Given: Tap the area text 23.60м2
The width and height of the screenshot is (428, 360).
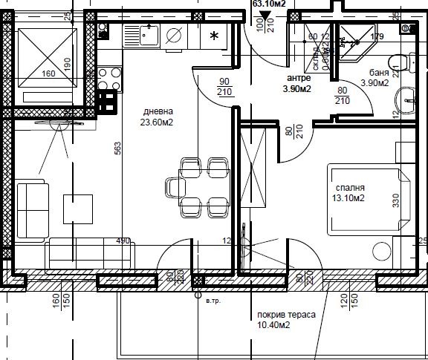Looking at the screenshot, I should [x=157, y=124].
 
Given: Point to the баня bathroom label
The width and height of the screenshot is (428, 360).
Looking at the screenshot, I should [x=380, y=72].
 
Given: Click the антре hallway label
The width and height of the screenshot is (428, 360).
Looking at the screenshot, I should [x=301, y=77].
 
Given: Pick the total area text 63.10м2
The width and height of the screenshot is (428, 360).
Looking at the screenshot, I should [x=270, y=4].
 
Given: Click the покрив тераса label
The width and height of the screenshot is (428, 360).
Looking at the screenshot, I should [x=286, y=315].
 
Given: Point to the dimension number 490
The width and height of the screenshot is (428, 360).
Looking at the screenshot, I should [x=122, y=240].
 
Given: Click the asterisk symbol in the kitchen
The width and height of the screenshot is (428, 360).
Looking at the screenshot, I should [x=214, y=36].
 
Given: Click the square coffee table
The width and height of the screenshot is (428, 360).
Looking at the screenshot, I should [x=78, y=208].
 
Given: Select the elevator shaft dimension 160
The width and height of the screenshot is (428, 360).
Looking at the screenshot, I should [x=49, y=73].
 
